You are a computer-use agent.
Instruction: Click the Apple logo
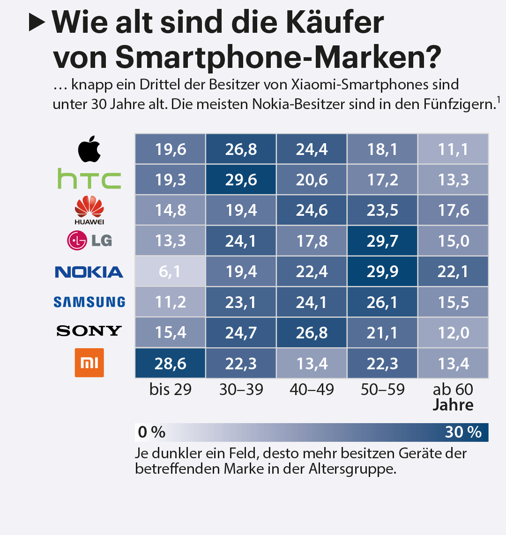pos(89,148)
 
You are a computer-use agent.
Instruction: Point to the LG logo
pos(89,241)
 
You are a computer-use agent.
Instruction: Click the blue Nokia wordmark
pos(89,272)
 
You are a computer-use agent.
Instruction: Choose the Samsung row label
pos(89,302)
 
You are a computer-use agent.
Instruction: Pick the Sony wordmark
pos(89,331)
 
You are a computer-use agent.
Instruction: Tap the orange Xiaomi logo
pos(89,363)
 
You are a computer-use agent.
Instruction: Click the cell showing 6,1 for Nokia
pos(170,271)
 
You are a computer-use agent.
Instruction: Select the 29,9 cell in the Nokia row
pos(382,271)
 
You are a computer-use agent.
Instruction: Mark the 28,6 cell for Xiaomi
pos(170,363)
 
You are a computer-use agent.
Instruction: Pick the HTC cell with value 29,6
pos(241,180)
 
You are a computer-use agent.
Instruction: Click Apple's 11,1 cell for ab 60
pos(453,149)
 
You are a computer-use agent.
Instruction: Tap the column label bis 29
pos(170,389)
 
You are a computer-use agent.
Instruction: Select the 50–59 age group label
pos(382,389)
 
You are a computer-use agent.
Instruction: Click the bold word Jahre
pos(453,405)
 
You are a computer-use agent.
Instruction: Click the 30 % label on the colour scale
pos(463,432)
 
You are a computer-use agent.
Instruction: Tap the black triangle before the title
pos(37,22)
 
